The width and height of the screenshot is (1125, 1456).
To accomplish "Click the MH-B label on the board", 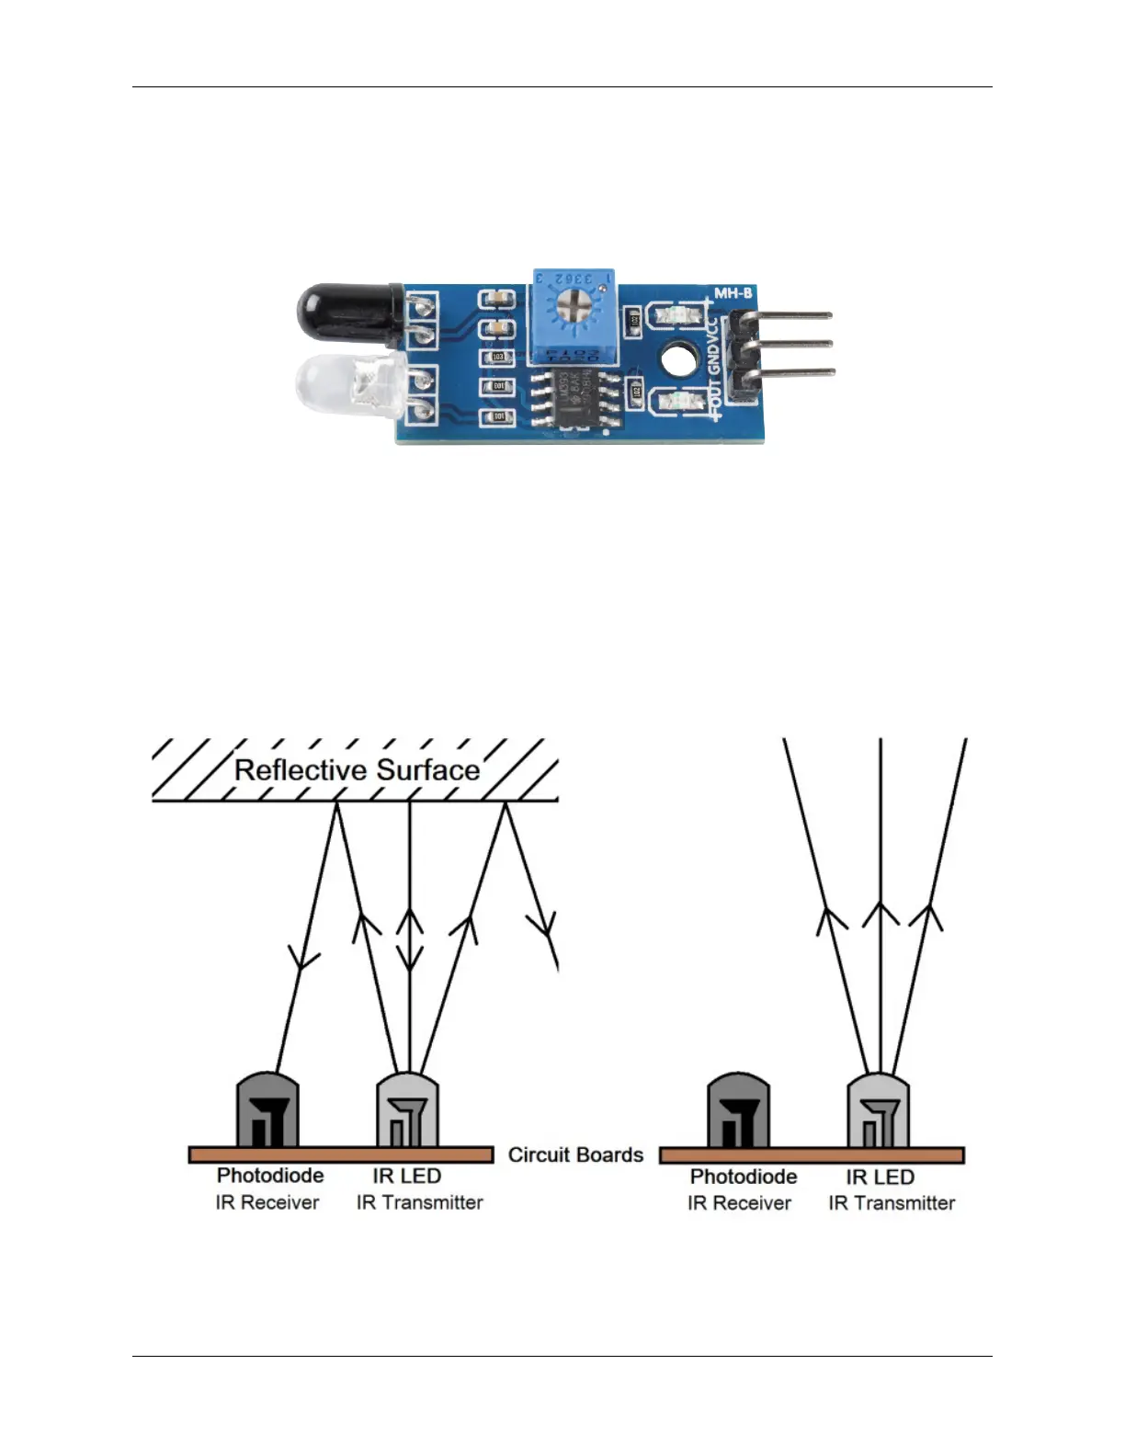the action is click(x=733, y=293).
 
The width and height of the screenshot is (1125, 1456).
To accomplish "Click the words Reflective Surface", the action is click(x=357, y=770).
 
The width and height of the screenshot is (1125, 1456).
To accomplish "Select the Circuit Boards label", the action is click(x=575, y=1155).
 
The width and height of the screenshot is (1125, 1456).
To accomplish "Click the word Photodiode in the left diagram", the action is click(x=270, y=1176).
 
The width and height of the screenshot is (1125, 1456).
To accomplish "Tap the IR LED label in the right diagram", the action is click(x=880, y=1177).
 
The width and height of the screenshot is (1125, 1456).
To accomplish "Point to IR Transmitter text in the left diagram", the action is click(x=419, y=1202).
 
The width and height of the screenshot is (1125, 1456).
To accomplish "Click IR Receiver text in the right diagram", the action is click(x=739, y=1203).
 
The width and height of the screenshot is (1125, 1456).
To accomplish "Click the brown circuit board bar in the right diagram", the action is click(x=812, y=1155).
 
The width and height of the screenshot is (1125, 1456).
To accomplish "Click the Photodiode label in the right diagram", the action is click(x=743, y=1177).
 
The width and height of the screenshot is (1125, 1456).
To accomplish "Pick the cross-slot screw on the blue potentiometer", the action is click(x=573, y=301).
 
